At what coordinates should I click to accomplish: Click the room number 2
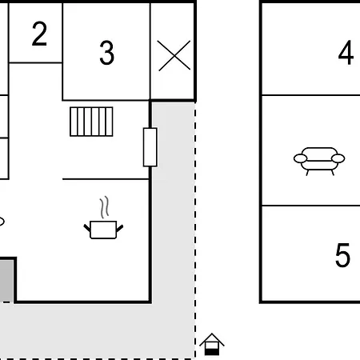[x=39, y=34]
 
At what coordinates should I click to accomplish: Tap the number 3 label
[x=106, y=53]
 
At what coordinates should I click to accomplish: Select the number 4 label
[x=346, y=53]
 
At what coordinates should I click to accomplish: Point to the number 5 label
[x=342, y=255]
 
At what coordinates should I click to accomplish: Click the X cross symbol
[x=174, y=55]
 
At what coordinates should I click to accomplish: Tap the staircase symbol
[x=91, y=122]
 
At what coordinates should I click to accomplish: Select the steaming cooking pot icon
[x=103, y=218]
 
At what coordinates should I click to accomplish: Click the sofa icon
[x=319, y=161]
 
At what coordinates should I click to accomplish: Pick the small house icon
[x=212, y=344]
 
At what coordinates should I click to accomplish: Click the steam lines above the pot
[x=105, y=207]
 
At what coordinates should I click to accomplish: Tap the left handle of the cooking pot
[x=87, y=228]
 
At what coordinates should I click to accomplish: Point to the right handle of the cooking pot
[x=120, y=228]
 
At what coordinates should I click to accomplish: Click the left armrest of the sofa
[x=300, y=158]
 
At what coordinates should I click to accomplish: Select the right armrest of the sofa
[x=338, y=158]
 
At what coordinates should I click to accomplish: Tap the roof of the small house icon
[x=212, y=339]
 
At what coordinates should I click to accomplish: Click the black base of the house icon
[x=212, y=352]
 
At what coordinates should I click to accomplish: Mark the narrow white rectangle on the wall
[x=150, y=147]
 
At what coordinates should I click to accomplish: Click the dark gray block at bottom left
[x=6, y=281]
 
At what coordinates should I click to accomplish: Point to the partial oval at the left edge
[x=2, y=222]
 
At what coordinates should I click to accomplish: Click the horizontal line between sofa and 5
[x=311, y=206]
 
